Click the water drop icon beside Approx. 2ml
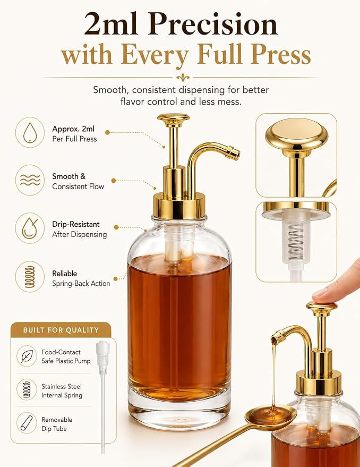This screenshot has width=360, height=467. pyautogui.click(x=30, y=132)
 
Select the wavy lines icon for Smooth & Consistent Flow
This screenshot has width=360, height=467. pyautogui.click(x=30, y=180)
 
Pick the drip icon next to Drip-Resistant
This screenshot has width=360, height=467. pyautogui.click(x=30, y=228)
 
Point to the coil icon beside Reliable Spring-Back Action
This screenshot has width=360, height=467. pyautogui.click(x=30, y=277)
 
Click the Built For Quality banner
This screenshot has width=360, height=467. pyautogui.click(x=61, y=330)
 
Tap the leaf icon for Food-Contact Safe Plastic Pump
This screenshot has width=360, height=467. pyautogui.click(x=27, y=356)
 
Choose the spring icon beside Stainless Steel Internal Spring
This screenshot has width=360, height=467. pyautogui.click(x=27, y=389)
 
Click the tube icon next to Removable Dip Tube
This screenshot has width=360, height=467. pyautogui.click(x=27, y=422)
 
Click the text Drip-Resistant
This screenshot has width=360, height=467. pyautogui.click(x=76, y=224)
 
